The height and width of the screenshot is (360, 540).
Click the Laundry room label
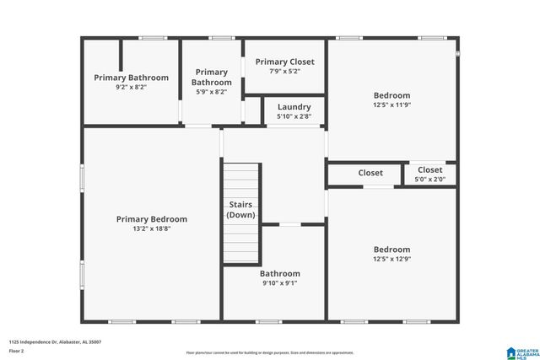tap(294, 107)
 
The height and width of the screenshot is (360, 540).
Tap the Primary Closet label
tap(284, 62)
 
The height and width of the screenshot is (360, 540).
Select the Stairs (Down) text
tap(240, 210)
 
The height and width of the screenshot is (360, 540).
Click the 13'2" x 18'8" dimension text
tap(151, 228)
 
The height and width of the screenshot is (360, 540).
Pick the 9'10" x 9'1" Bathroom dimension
tap(279, 283)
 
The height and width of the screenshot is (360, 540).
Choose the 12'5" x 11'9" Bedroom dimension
tap(391, 105)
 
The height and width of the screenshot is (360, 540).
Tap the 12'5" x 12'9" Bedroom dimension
tap(391, 259)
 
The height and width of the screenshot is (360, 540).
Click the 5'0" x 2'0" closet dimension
tap(429, 179)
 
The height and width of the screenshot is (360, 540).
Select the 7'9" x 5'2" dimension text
tap(284, 72)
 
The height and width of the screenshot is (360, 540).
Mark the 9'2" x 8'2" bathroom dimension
tap(131, 87)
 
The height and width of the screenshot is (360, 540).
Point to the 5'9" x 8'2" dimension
tap(211, 92)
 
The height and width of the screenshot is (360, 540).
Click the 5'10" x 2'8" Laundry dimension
tap(294, 116)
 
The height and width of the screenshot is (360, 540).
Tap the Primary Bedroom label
tap(151, 219)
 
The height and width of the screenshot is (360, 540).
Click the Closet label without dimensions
tap(370, 173)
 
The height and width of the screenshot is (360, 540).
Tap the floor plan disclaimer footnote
tap(269, 352)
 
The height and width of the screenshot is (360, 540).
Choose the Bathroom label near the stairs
tap(279, 273)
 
